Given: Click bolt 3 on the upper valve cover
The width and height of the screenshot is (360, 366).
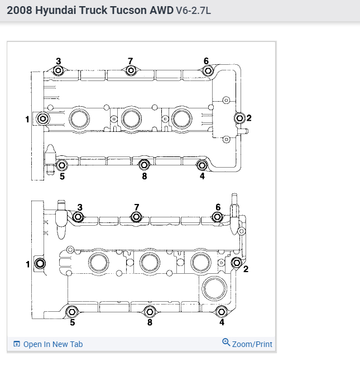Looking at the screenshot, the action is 58,71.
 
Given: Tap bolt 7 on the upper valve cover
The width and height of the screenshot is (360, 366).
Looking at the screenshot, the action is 131,70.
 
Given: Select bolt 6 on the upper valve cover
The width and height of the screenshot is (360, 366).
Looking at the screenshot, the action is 207,70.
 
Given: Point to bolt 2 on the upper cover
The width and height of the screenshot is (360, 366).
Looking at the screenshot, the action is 239,118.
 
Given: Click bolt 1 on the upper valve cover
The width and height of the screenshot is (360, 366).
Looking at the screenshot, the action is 42,118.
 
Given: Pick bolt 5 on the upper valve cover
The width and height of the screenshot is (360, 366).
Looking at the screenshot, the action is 62,165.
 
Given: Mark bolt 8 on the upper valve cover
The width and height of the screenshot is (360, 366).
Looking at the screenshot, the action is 144,165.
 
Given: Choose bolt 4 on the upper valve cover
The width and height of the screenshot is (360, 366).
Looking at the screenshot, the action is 202,165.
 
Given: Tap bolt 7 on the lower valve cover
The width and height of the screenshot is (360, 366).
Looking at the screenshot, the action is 136,217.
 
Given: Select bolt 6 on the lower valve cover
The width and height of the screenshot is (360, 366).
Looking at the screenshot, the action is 218,217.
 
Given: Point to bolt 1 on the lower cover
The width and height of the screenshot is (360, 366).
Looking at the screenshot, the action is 40,264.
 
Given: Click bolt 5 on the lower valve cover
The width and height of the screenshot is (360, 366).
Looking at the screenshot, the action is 71,312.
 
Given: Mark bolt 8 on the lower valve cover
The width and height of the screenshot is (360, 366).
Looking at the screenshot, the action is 149,312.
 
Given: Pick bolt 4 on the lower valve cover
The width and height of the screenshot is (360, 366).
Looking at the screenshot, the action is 222,312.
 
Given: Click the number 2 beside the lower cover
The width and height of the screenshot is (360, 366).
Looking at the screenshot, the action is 246,269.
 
